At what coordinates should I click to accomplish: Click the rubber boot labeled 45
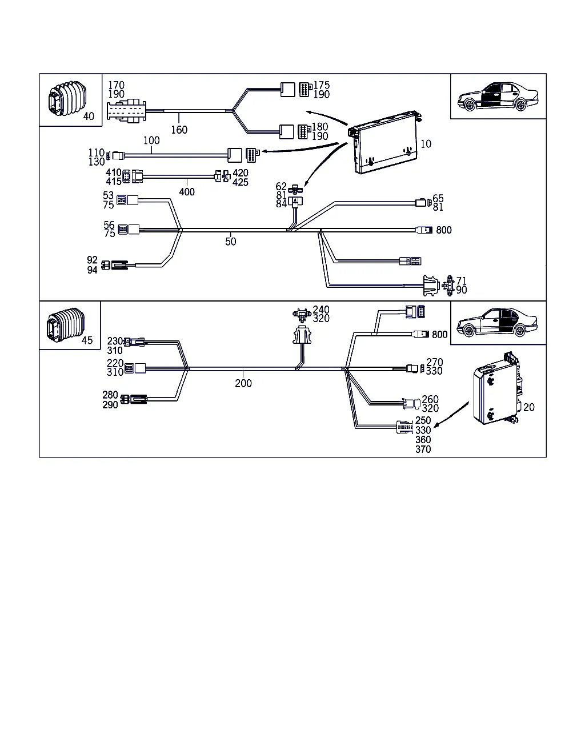click(x=63, y=325)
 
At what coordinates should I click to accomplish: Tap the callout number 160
click(x=179, y=130)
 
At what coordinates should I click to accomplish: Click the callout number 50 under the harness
click(x=230, y=242)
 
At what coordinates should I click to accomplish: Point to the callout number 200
click(x=243, y=383)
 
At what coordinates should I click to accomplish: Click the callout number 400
click(x=187, y=192)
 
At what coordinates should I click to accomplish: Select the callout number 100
click(x=151, y=140)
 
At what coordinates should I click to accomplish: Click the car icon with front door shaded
click(x=495, y=97)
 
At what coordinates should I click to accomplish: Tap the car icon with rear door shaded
click(x=498, y=324)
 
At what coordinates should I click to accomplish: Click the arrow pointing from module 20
click(x=451, y=415)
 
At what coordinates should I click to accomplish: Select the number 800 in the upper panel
click(x=444, y=230)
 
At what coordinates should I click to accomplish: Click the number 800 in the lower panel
click(x=440, y=335)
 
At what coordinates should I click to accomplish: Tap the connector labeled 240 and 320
click(x=300, y=314)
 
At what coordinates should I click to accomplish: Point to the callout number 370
click(x=423, y=449)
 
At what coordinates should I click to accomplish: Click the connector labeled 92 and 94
click(x=117, y=265)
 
